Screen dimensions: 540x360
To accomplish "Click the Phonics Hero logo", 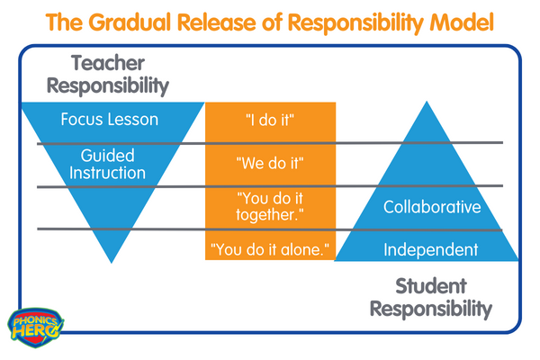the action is [35, 328].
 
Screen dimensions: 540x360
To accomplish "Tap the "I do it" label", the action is [270, 121].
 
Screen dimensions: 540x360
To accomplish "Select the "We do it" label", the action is [270, 163].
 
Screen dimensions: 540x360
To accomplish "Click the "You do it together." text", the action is [270, 206].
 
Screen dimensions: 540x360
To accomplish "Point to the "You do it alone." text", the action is [270, 249].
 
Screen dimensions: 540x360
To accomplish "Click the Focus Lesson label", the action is [110, 119].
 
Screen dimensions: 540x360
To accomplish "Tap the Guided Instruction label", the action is [107, 164].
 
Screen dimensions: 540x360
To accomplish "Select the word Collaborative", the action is [432, 207].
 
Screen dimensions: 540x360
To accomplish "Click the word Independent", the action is [431, 250].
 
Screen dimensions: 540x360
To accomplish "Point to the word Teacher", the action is [108, 63].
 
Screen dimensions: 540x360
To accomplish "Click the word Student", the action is [431, 286].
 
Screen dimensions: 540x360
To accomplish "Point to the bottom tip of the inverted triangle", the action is [112, 263].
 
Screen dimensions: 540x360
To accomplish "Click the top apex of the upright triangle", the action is [427, 102].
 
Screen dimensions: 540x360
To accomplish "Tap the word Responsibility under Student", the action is [431, 309].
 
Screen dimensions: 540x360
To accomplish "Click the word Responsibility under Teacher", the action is [108, 85].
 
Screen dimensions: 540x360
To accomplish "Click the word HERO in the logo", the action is [34, 331].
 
